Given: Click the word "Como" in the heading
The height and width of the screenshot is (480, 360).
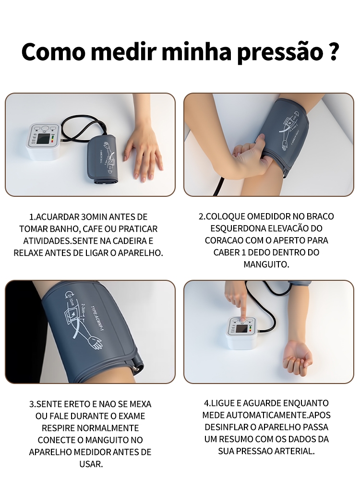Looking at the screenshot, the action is pos(53,51).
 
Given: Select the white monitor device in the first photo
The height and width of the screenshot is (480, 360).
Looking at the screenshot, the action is pos(45,142).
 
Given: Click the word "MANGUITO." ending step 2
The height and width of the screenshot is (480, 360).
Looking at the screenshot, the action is pos(266,264).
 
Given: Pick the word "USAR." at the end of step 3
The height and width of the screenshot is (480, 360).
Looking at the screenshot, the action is pos(91,464).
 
